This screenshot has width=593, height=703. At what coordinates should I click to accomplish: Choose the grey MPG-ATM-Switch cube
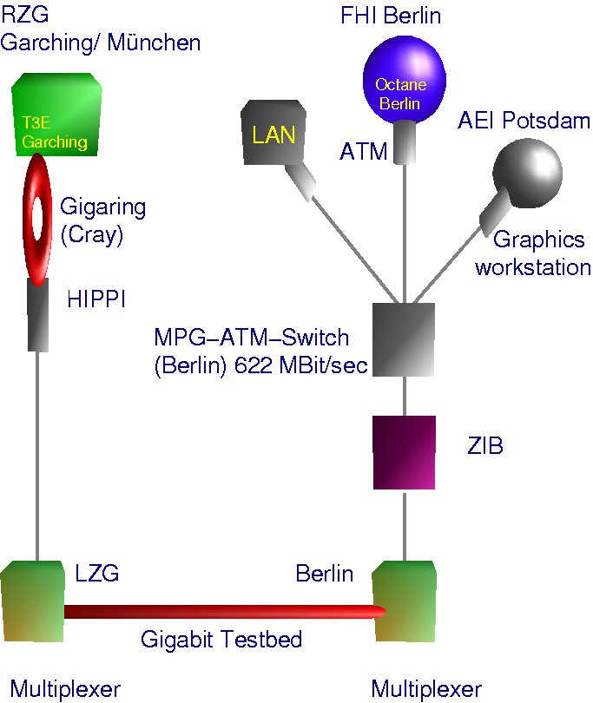click(403, 338)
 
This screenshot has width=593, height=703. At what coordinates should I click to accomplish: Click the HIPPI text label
click(96, 299)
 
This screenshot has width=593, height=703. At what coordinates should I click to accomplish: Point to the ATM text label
click(363, 152)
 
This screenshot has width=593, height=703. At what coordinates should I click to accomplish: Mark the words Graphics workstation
click(532, 253)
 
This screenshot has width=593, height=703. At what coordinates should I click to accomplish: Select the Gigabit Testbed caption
click(221, 641)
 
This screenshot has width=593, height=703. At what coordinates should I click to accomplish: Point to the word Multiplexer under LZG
click(65, 689)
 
